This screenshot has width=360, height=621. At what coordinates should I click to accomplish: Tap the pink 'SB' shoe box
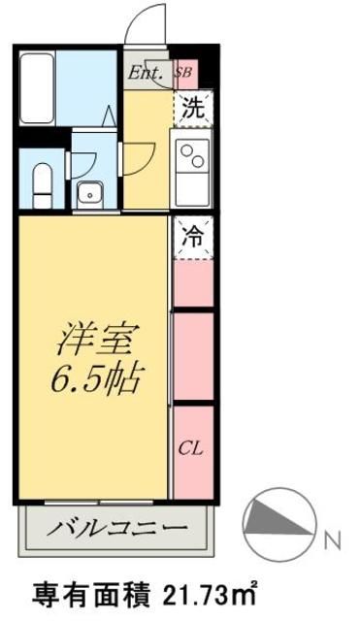tap(182, 72)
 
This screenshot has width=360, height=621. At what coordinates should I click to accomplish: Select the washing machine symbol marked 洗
tap(194, 109)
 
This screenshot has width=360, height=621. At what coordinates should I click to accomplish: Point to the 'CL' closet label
tap(192, 448)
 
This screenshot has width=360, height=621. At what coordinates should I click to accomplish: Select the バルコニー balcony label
tap(116, 530)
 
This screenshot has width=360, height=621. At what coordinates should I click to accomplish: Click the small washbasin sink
tap(90, 191)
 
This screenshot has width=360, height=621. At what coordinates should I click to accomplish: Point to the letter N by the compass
tap(332, 537)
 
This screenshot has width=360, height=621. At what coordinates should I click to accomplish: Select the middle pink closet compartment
tap(193, 355)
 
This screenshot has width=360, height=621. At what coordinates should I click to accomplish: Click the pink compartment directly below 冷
tap(193, 283)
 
